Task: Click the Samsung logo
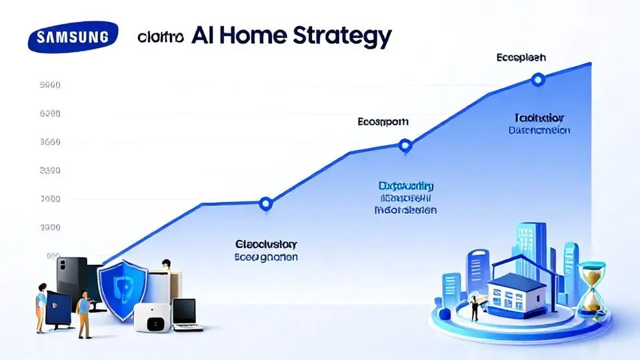[73, 37]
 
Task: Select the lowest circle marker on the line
[265, 203]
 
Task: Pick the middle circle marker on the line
[404, 145]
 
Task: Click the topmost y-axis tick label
[51, 85]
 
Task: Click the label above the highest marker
[521, 58]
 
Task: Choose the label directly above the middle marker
[383, 122]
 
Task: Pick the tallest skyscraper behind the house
[524, 247]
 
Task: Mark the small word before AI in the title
[161, 37]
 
